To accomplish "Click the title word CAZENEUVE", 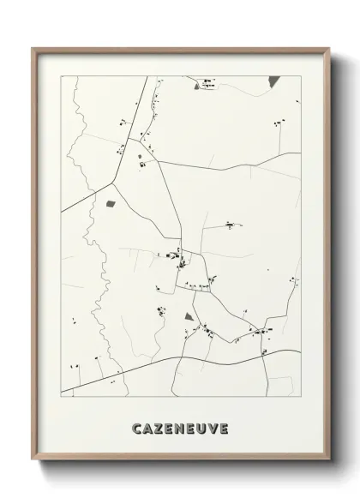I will pyautogui.click(x=180, y=428).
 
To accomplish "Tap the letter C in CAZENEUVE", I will pyautogui.click(x=136, y=428).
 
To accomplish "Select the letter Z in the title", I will pyautogui.click(x=158, y=428).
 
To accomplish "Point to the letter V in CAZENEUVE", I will pyautogui.click(x=212, y=428).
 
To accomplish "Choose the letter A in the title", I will pyautogui.click(x=147, y=428).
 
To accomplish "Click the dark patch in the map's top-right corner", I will pyautogui.click(x=273, y=81).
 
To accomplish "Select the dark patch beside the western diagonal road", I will pyautogui.click(x=110, y=203).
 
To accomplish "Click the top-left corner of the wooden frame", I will pyautogui.click(x=35, y=50).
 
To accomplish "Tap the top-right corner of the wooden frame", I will pyautogui.click(x=328, y=50).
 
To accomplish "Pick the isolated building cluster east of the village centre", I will pyautogui.click(x=230, y=225).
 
